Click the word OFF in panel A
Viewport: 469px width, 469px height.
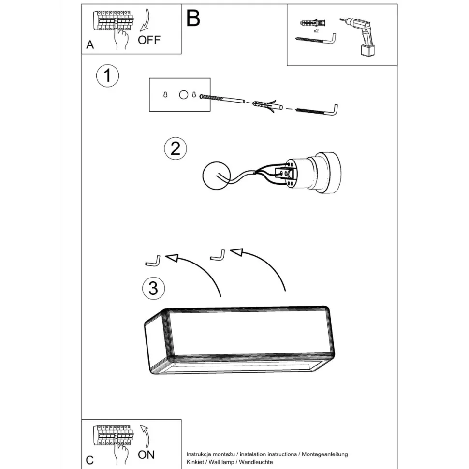149,40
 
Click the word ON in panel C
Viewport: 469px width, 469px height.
147,454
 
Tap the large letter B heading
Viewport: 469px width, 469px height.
193,18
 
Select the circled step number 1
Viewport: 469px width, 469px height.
108,76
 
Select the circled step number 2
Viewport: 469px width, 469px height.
176,148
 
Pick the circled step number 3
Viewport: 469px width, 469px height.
153,288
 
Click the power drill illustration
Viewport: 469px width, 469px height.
360,36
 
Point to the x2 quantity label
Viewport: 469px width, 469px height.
316,31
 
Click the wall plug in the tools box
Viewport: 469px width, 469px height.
312,23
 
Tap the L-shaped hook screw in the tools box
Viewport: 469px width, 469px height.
316,39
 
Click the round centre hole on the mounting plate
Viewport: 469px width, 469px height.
184,95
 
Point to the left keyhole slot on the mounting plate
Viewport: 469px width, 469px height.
165,94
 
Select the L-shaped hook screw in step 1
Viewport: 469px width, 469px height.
317,110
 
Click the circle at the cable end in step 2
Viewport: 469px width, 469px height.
216,176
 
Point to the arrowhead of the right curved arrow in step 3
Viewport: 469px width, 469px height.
236,252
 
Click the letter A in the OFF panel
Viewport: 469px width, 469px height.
90,44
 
